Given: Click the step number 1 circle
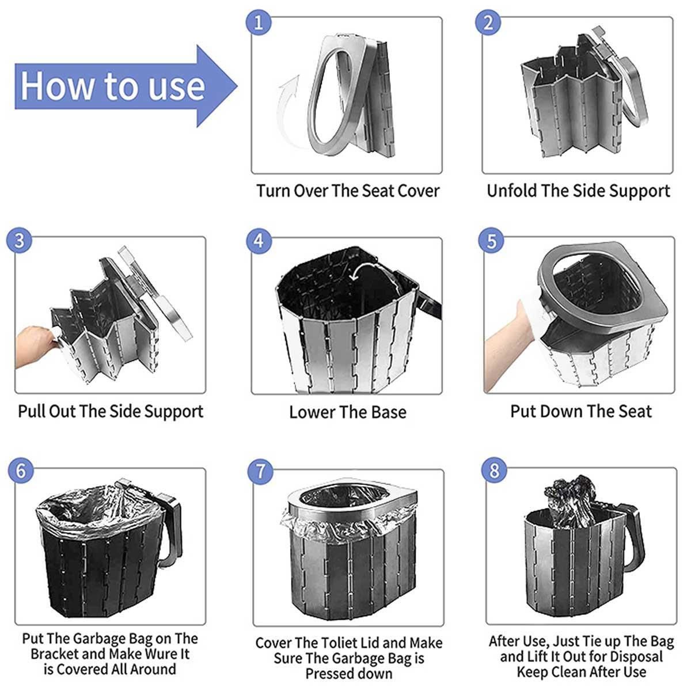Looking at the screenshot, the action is click(259, 22).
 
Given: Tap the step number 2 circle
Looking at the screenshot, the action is click(488, 22).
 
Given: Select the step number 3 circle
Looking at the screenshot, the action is click(20, 241).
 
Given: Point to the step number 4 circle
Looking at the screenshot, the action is click(259, 241).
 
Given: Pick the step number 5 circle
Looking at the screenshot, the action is click(492, 241).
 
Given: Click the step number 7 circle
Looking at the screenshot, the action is click(260, 471).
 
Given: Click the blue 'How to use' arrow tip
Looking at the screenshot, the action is click(237, 86).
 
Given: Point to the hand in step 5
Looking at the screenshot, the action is click(509, 344).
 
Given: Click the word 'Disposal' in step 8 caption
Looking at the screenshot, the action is click(637, 656).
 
